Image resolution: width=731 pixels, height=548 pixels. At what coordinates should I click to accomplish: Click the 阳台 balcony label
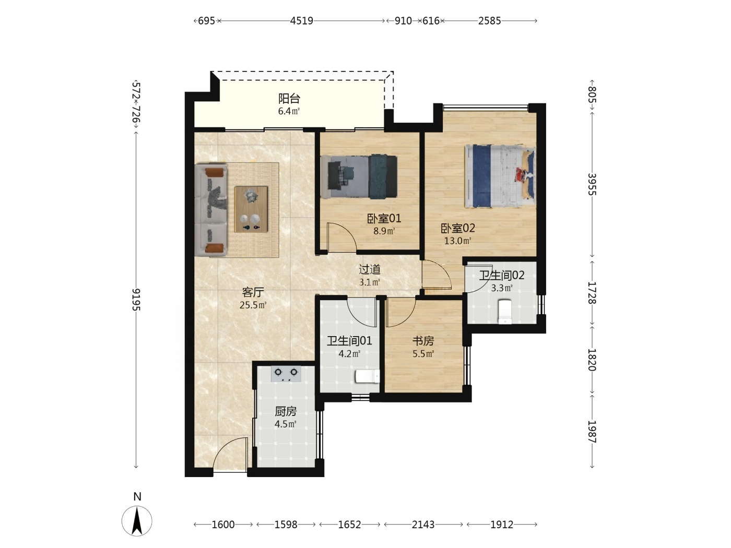[289, 99]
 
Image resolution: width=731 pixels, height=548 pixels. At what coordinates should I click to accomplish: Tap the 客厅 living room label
[253, 292]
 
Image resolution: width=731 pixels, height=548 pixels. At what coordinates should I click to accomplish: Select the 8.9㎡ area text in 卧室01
[384, 231]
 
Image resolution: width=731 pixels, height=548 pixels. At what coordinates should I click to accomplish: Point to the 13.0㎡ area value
[457, 241]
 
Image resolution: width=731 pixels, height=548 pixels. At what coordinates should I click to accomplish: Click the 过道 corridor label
[369, 269]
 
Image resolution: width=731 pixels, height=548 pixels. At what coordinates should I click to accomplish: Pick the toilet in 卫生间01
[368, 377]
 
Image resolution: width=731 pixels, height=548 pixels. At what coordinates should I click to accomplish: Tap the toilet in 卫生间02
[504, 312]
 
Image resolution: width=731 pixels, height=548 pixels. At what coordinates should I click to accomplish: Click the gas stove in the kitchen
[286, 374]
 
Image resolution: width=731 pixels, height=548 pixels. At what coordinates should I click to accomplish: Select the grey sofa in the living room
[211, 210]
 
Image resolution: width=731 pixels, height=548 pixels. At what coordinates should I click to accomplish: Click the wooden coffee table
[251, 209]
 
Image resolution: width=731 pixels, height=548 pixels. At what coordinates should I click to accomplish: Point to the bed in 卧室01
[359, 176]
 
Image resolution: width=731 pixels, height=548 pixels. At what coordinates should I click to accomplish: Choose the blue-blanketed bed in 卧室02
[500, 176]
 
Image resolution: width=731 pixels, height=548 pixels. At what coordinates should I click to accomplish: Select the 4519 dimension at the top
[301, 21]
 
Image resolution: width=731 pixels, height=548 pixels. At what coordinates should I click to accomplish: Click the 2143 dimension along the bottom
[423, 525]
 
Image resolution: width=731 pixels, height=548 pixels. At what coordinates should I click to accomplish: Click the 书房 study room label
[423, 341]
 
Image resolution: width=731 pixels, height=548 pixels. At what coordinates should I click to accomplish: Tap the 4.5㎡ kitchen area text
[286, 424]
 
